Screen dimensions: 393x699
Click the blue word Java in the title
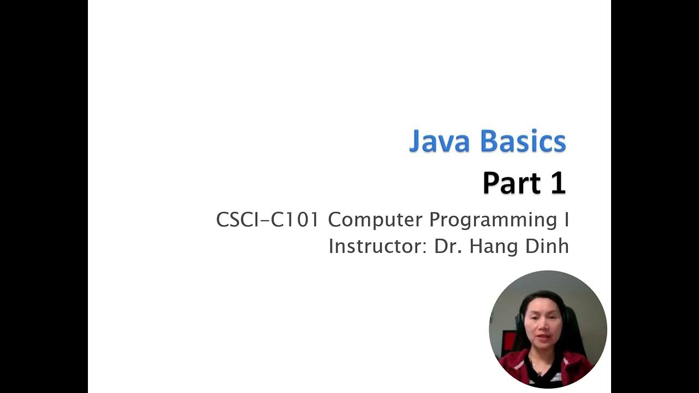click(439, 141)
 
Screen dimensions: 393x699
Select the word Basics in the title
click(523, 141)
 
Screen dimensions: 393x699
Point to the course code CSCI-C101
click(267, 220)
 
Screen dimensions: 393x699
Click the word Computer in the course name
click(375, 220)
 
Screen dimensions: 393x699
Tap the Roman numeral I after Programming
click(566, 220)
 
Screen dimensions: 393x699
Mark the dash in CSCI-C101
click(264, 221)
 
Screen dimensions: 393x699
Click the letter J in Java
click(418, 141)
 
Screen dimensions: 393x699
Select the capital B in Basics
click(490, 141)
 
